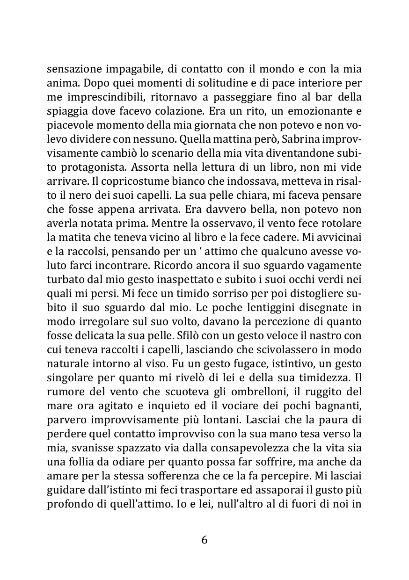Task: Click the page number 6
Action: pyautogui.click(x=204, y=540)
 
